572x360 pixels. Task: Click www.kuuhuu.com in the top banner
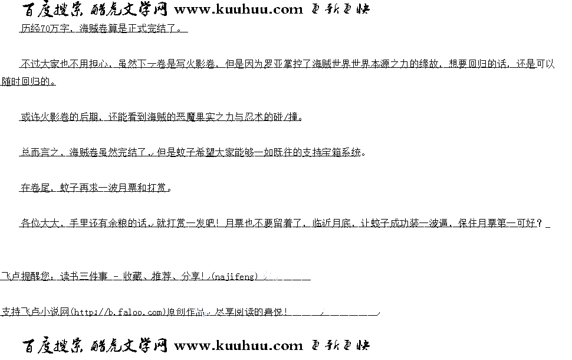click(x=238, y=9)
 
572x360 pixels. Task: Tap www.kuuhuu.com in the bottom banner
click(x=238, y=345)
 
